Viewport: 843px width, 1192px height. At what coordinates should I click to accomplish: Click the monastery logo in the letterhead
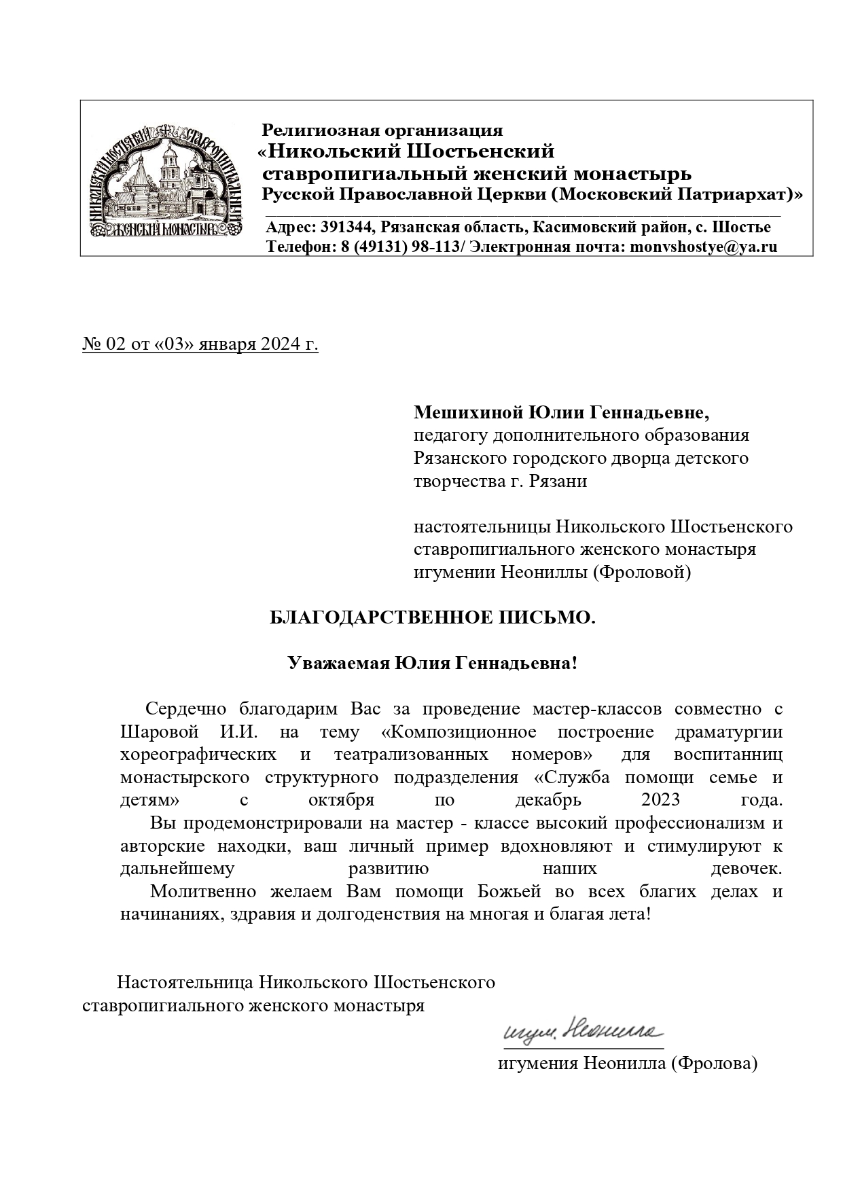tap(168, 179)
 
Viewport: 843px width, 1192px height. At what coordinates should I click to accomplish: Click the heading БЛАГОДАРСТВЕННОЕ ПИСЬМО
tap(433, 617)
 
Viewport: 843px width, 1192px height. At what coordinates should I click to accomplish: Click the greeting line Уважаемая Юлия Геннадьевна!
tap(433, 663)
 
